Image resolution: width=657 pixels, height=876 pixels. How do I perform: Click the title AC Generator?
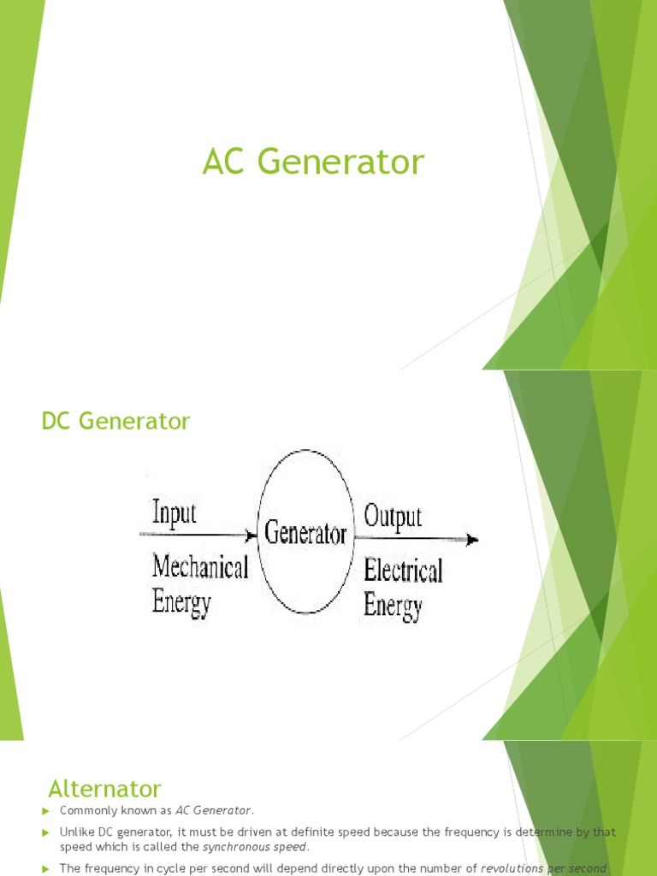click(313, 163)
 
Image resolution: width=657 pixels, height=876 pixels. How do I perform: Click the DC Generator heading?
click(115, 421)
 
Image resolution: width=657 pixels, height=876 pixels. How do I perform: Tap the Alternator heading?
click(104, 788)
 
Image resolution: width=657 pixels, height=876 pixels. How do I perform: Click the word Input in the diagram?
click(174, 514)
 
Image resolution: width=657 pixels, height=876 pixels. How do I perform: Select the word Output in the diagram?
click(393, 517)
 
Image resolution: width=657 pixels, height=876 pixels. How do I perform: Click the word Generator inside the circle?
click(305, 535)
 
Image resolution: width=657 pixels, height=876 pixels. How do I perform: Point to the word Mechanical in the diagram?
click(200, 566)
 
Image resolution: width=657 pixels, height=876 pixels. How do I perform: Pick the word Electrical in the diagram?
click(403, 570)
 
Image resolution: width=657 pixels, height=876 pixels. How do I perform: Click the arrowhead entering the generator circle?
click(251, 536)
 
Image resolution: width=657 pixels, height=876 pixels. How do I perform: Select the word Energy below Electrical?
click(393, 607)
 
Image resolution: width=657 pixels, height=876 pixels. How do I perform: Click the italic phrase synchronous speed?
click(254, 847)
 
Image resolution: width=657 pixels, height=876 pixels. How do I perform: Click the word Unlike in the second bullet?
click(77, 832)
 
